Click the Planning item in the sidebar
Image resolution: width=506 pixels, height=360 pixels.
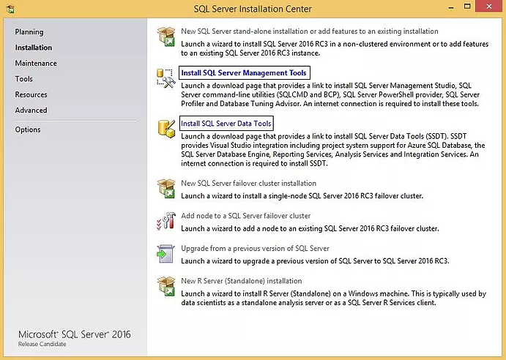point(29,32)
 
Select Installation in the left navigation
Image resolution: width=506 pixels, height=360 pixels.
point(34,48)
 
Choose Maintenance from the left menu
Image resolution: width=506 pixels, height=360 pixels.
point(36,64)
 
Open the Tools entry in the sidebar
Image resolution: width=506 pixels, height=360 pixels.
point(24,79)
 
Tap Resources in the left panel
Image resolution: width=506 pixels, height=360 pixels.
point(31,95)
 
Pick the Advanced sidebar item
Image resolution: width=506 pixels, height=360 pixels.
point(31,110)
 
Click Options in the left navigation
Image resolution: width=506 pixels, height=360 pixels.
point(28,130)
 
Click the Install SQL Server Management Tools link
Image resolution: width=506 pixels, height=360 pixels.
point(244,72)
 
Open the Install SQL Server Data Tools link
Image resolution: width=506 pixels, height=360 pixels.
point(226,124)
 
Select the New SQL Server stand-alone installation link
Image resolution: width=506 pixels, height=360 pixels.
point(309,31)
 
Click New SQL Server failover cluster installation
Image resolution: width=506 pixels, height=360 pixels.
point(248,183)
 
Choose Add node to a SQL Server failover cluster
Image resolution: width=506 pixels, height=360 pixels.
point(246,216)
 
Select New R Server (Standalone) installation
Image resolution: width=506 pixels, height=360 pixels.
point(241,281)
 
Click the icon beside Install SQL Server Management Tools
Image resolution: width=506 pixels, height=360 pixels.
point(165,78)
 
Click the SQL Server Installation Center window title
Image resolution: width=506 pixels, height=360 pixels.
point(253,9)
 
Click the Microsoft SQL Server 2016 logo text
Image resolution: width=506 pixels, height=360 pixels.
point(74,334)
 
